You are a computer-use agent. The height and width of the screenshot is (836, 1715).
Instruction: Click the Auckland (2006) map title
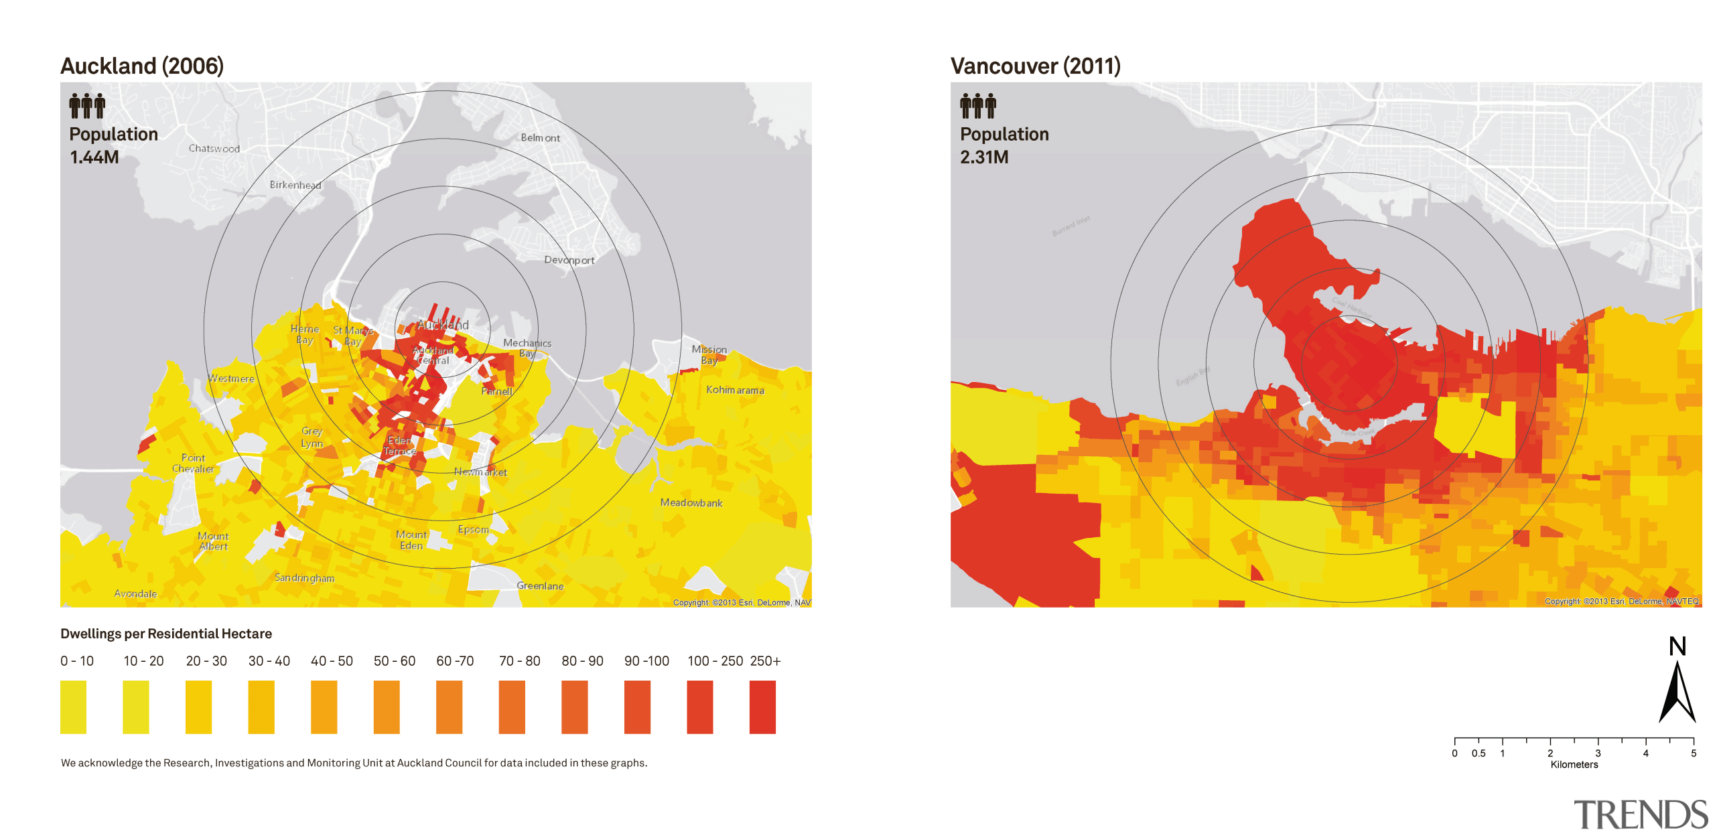click(x=142, y=66)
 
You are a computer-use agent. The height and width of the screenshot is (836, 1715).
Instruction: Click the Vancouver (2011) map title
click(x=1035, y=66)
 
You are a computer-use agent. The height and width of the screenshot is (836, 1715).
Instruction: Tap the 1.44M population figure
click(x=94, y=157)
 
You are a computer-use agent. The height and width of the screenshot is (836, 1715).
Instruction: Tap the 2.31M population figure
click(x=983, y=157)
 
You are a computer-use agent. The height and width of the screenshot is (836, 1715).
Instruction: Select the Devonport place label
click(x=569, y=260)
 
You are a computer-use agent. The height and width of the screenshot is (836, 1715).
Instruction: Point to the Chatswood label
click(x=214, y=149)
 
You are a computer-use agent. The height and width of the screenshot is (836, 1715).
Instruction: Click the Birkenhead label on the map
click(x=295, y=185)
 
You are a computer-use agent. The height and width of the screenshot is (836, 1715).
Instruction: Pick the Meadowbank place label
click(x=691, y=502)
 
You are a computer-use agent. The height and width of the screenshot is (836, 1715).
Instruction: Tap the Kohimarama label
click(x=735, y=390)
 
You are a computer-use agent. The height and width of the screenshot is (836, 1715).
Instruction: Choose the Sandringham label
click(x=304, y=577)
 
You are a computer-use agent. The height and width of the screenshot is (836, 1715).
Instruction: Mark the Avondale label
click(x=135, y=594)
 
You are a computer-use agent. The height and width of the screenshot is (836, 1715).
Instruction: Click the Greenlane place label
click(x=540, y=585)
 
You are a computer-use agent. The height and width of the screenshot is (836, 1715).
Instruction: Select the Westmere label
click(x=231, y=378)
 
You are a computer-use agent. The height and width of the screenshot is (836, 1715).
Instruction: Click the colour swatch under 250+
click(x=762, y=707)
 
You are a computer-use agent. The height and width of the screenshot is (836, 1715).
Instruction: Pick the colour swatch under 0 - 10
click(x=73, y=707)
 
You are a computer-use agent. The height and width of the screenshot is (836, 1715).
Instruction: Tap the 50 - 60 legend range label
click(x=394, y=661)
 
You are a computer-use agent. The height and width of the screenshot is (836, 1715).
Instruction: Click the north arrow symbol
click(x=1677, y=690)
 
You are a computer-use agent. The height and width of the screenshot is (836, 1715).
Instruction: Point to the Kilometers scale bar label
click(x=1574, y=764)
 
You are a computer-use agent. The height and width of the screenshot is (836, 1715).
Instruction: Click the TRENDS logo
click(x=1640, y=815)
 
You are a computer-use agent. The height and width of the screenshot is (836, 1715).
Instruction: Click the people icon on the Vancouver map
click(x=977, y=106)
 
